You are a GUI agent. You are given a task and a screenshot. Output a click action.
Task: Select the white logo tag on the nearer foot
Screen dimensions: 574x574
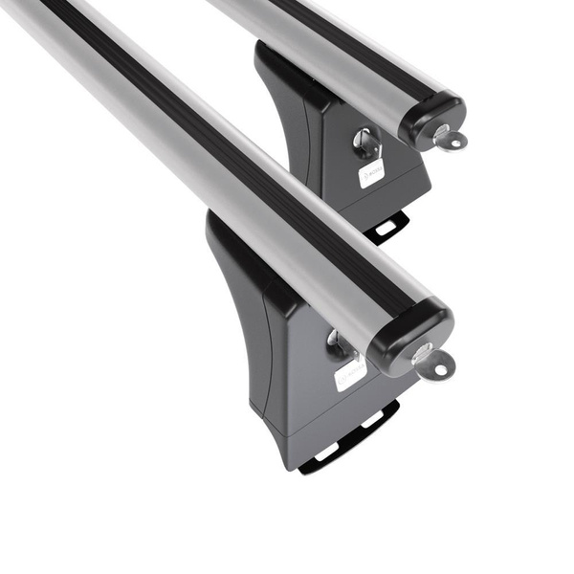coord(350,373)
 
